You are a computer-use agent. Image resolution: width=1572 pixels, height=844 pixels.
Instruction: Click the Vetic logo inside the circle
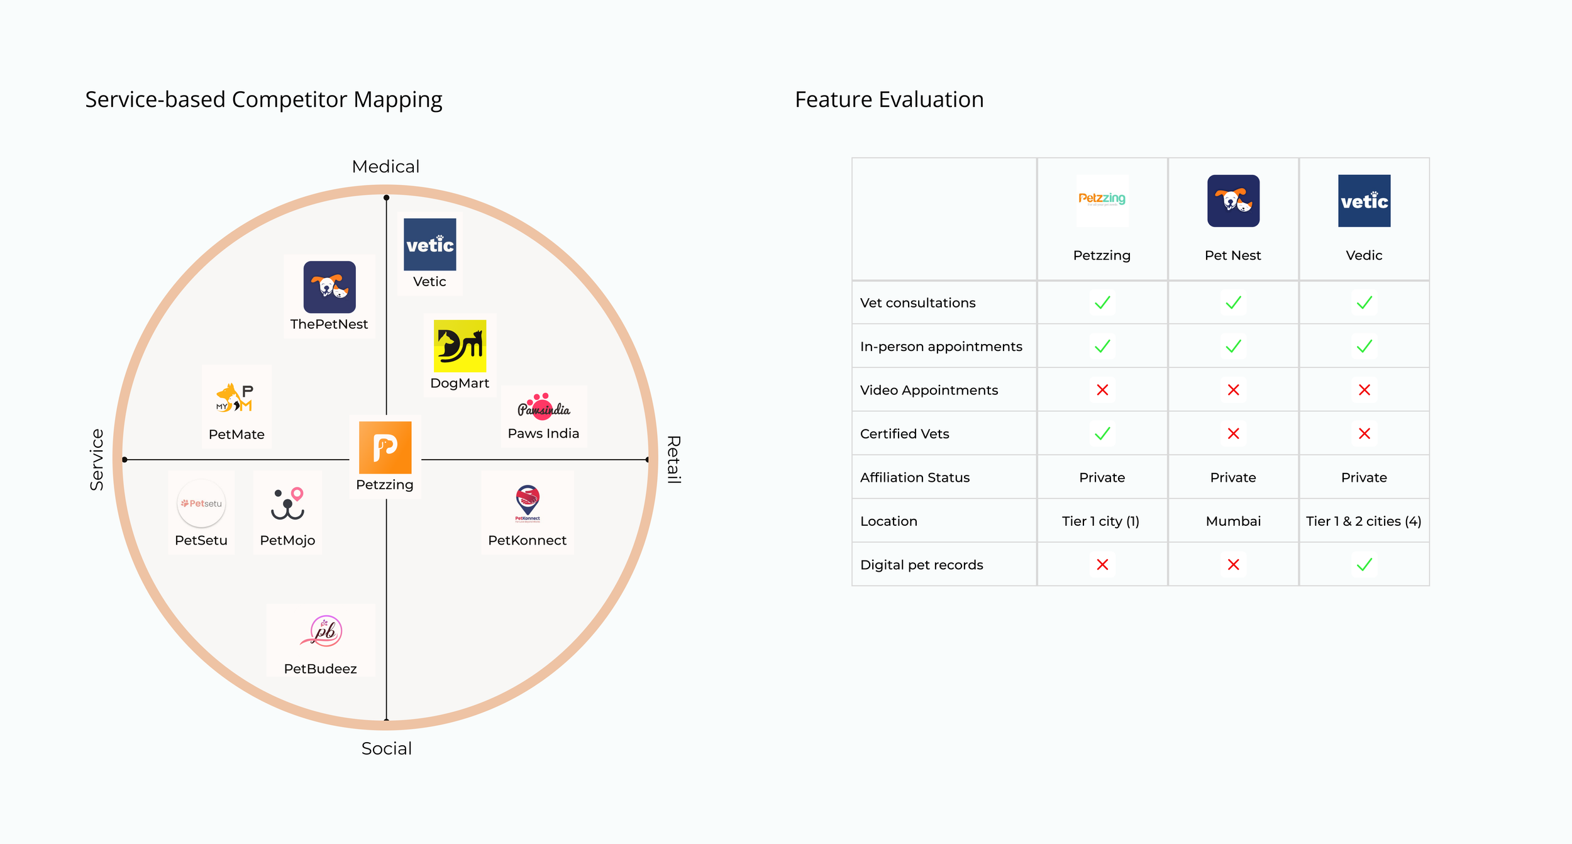[x=429, y=244]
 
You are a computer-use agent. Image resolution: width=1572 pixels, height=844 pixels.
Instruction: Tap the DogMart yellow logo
[x=460, y=346]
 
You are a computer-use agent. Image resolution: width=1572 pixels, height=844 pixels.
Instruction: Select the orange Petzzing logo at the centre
[x=385, y=447]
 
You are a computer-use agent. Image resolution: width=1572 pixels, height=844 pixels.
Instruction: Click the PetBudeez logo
[x=321, y=631]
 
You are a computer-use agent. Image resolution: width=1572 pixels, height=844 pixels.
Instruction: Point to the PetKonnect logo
[x=528, y=503]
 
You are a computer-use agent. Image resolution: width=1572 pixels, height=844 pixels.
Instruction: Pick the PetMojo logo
[x=288, y=504]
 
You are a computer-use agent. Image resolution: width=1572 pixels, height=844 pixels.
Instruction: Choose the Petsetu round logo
[x=201, y=503]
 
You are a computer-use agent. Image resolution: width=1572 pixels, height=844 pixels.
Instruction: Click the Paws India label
[x=543, y=433]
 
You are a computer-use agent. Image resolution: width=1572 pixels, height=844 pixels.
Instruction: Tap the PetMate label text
[x=236, y=435]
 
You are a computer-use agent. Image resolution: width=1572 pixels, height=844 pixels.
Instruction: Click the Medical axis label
[x=385, y=167]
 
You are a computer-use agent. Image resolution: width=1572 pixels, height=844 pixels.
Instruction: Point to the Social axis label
[x=386, y=748]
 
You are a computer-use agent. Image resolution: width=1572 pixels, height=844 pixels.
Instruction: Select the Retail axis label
[x=673, y=459]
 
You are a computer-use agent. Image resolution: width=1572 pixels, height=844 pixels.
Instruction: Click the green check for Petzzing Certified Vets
[x=1102, y=433]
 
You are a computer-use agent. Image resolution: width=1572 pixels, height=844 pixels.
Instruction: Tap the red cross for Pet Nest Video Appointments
[x=1233, y=390]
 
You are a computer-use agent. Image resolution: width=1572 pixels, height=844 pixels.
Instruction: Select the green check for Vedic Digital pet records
[x=1364, y=565]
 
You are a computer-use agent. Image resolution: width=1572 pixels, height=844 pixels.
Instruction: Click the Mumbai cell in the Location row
[x=1233, y=521]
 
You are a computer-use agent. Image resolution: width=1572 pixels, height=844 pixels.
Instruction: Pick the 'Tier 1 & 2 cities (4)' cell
[x=1363, y=521]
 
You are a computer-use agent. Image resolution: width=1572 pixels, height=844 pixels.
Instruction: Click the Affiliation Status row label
[x=914, y=477]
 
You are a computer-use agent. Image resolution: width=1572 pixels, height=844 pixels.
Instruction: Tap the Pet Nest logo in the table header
[x=1233, y=201]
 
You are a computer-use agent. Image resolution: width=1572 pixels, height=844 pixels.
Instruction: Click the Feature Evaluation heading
[x=889, y=99]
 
